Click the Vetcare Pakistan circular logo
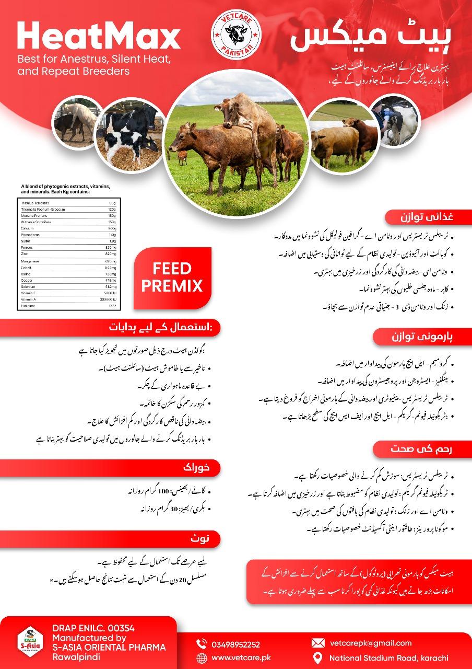[x=235, y=36]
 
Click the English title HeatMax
[x=99, y=37]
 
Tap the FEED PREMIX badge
[x=172, y=278]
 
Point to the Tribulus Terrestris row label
[x=36, y=202]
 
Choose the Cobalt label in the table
[x=27, y=267]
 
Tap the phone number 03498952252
[x=235, y=644]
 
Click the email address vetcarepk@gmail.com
[x=371, y=643]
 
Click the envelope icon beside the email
[x=317, y=643]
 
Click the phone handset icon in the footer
[x=202, y=644]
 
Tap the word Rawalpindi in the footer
[x=76, y=656]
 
